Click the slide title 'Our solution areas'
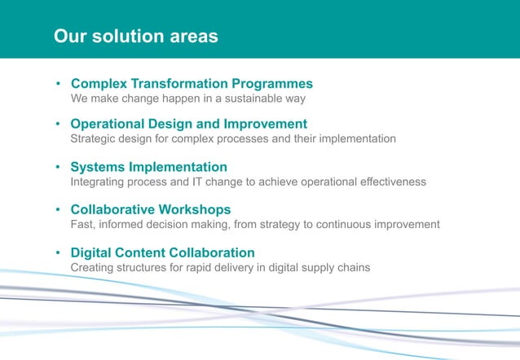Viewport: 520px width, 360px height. tap(135, 37)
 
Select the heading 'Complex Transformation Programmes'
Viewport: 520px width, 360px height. tap(192, 84)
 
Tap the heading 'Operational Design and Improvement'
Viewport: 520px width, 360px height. tap(188, 124)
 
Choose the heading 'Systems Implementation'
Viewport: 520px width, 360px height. tap(148, 167)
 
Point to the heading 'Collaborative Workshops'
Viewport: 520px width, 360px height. tap(150, 209)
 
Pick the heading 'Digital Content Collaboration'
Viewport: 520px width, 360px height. tap(162, 252)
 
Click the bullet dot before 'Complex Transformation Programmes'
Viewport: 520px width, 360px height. tap(59, 85)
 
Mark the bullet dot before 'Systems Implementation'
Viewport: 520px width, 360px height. tap(59, 168)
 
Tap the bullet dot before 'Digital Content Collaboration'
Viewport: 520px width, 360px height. tap(59, 253)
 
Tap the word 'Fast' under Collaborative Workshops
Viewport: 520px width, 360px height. tap(83, 224)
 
